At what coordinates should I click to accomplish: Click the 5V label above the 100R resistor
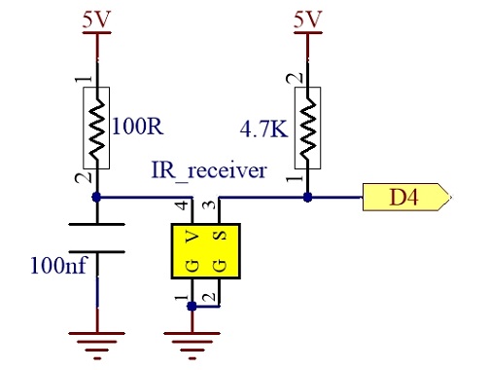[x=96, y=19]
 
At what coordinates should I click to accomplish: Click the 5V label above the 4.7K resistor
[x=308, y=19]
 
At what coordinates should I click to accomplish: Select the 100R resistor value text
[x=138, y=126]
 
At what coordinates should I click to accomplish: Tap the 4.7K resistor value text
[x=263, y=129]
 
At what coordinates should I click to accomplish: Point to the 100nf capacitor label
[x=59, y=265]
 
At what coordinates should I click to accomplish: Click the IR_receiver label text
[x=209, y=170]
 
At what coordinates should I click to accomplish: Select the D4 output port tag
[x=406, y=197]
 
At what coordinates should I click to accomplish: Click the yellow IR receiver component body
[x=206, y=251]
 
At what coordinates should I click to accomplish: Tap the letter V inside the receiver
[x=192, y=238]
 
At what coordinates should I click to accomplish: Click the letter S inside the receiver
[x=220, y=236]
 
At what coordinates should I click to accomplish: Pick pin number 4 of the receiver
[x=183, y=205]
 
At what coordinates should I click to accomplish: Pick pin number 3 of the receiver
[x=210, y=205]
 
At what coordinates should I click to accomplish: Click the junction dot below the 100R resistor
[x=96, y=197]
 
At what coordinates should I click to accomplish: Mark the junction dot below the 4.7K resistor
[x=307, y=197]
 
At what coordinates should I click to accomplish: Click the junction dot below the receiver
[x=192, y=306]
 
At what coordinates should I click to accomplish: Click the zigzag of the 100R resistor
[x=96, y=128]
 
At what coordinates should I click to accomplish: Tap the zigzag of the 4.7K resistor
[x=308, y=128]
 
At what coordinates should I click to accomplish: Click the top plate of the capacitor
[x=96, y=224]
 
